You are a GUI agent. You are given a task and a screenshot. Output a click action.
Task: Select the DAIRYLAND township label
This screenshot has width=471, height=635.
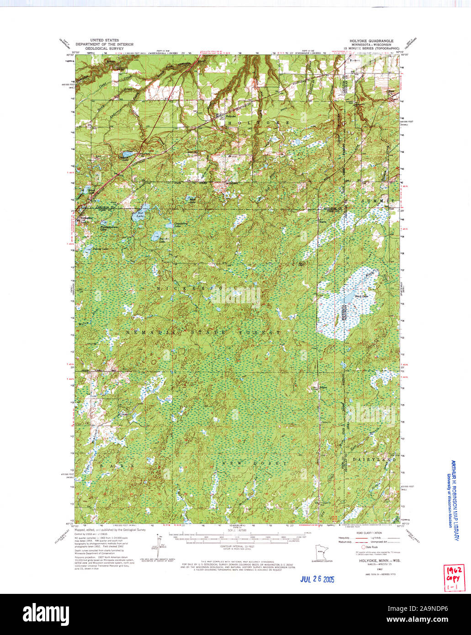coord(375,459)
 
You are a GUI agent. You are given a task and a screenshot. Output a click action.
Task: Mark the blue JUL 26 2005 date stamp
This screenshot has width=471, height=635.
coord(317,579)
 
